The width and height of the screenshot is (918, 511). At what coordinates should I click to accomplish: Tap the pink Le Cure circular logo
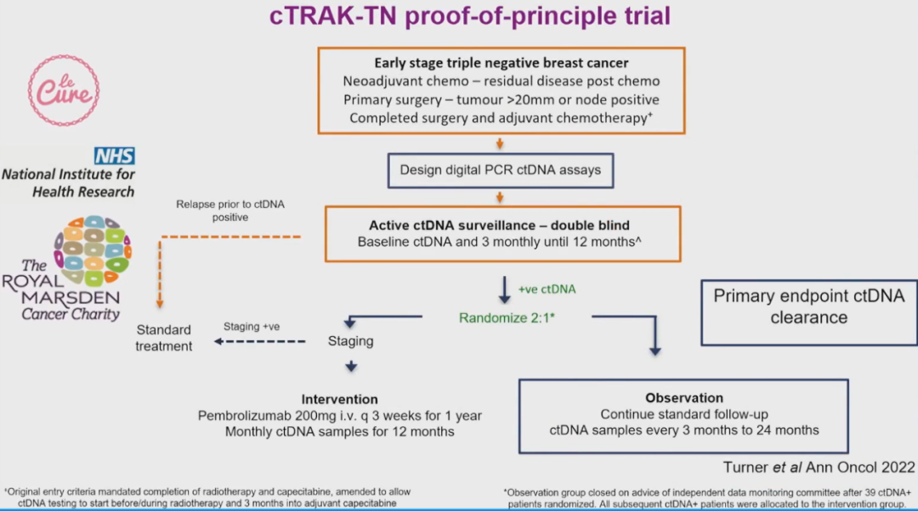point(64,91)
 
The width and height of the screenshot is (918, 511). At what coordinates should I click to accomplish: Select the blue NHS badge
point(114,155)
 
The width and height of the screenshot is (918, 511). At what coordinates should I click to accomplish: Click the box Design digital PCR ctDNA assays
point(501,170)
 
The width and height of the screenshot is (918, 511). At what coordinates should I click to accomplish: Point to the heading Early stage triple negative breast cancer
point(501,64)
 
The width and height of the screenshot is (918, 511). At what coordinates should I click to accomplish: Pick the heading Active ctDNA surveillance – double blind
point(500,226)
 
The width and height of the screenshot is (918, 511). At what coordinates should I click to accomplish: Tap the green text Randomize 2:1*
point(508,317)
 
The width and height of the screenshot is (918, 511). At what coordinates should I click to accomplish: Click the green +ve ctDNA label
point(547,289)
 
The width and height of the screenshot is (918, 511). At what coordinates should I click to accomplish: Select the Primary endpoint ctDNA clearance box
point(808,306)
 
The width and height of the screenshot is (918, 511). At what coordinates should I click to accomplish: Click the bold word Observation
point(684,397)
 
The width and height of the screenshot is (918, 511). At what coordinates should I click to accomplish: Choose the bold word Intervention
point(339,399)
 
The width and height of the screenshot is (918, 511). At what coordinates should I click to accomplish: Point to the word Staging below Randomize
point(350,341)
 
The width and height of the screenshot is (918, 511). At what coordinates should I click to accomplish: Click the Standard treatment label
point(163,338)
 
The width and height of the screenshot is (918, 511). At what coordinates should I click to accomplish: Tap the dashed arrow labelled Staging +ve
point(259,341)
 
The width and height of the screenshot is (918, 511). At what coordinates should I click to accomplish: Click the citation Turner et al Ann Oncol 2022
point(819,467)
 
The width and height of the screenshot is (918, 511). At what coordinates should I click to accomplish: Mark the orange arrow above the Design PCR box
point(501,143)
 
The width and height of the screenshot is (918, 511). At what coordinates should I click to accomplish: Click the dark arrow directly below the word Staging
point(350,367)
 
